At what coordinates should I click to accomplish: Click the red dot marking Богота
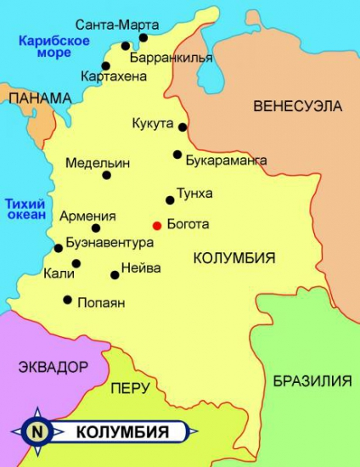pos(156,225)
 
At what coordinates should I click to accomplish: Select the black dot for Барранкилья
pos(126,47)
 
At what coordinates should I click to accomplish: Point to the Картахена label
pos(114,76)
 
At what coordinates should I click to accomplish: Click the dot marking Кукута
pos(182,127)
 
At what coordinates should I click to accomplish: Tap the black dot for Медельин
pos(107,175)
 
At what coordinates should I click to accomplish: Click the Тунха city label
pos(194,193)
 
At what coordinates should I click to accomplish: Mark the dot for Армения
pos(96,228)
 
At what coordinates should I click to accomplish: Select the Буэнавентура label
pos(109,243)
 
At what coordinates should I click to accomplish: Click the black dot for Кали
pos(76,263)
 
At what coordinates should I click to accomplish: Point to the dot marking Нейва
pos(115,274)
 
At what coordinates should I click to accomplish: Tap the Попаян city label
pos(101,302)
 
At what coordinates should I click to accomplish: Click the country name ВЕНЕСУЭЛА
pos(297,106)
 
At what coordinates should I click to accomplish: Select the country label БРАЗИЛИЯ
pos(312,380)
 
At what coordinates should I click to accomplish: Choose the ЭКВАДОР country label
pos(52,367)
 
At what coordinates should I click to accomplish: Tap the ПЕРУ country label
pos(130,388)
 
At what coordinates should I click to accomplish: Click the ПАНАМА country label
pos(39,98)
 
